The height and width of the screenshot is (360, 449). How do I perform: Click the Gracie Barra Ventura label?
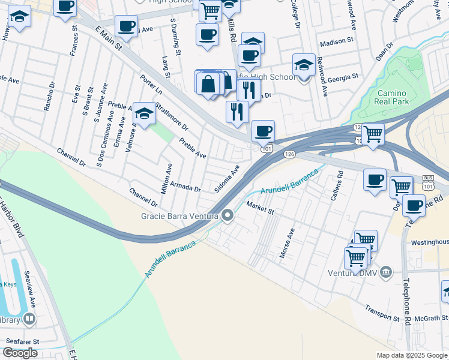pyautogui.click(x=179, y=215)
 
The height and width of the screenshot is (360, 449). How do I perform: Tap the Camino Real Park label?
pyautogui.click(x=392, y=98)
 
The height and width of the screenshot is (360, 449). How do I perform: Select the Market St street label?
pyautogui.click(x=259, y=208)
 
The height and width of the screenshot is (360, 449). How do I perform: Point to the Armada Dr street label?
pyautogui.click(x=184, y=187)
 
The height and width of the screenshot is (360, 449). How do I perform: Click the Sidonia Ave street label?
pyautogui.click(x=228, y=178)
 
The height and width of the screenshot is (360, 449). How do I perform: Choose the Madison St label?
pyautogui.click(x=337, y=43)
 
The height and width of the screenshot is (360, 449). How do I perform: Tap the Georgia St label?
pyautogui.click(x=343, y=77)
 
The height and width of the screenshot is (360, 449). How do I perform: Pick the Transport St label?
pyautogui.click(x=382, y=313)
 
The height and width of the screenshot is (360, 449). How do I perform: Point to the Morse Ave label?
pyautogui.click(x=287, y=242)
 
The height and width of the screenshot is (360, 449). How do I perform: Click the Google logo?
pyautogui.click(x=20, y=353)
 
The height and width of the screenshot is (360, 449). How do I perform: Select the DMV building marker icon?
pyautogui.click(x=386, y=273)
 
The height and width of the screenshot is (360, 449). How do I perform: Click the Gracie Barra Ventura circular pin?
pyautogui.click(x=228, y=215)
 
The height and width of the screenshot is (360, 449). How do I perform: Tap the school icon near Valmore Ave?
pyautogui.click(x=144, y=112)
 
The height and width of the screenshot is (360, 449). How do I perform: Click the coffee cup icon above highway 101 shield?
pyautogui.click(x=262, y=130)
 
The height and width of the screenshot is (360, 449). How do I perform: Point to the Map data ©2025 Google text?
pyautogui.click(x=411, y=355)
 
